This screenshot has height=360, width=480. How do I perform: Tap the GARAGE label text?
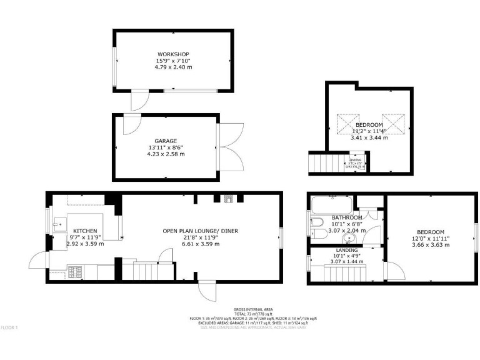click(166, 141)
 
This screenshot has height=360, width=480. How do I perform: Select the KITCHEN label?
click(85, 231)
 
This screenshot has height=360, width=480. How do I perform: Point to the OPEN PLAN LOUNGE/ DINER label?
click(201, 231)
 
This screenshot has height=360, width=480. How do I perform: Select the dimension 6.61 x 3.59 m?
click(201, 244)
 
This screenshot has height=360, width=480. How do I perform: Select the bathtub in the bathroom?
click(331, 203)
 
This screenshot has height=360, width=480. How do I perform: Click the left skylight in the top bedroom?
click(349, 123)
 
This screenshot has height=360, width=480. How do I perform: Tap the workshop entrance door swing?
click(139, 100)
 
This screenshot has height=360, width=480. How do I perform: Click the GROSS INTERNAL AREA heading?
click(253, 309)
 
